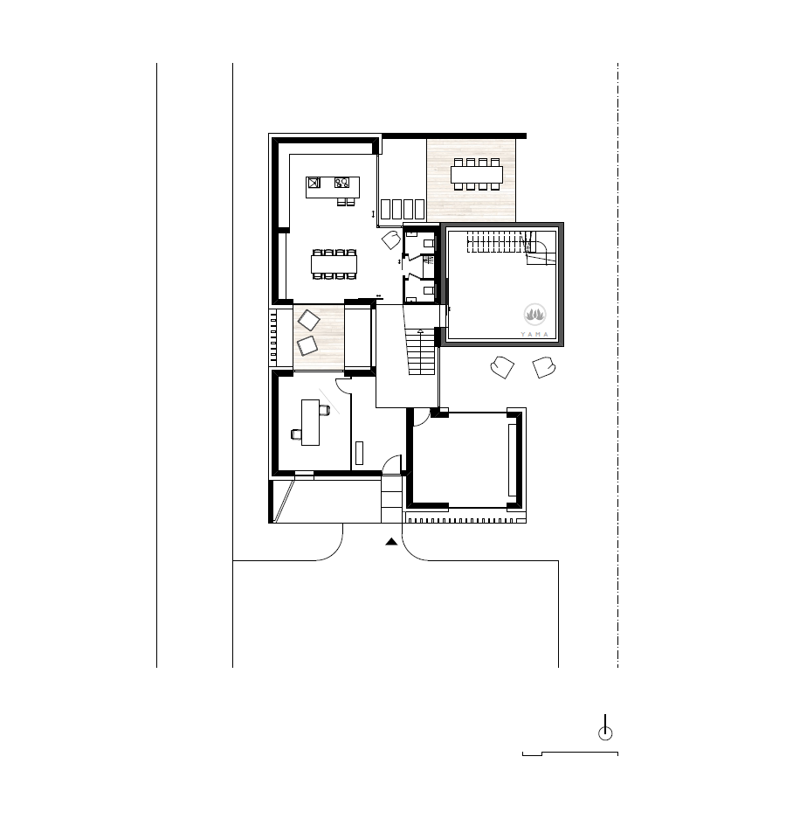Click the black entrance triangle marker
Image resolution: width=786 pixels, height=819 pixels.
[x=391, y=542]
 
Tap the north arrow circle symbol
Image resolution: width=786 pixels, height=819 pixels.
[x=605, y=733]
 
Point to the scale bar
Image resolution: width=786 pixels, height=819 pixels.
[x=570, y=753]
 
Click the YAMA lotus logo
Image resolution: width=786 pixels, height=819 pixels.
[x=535, y=315]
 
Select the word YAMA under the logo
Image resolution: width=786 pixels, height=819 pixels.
[x=535, y=334]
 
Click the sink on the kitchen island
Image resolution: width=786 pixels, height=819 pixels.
[x=314, y=183]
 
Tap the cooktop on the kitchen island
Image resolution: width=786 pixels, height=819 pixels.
[x=341, y=183]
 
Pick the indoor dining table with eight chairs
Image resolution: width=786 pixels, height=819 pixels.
[x=334, y=264]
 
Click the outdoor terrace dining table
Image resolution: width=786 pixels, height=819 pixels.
[x=477, y=174]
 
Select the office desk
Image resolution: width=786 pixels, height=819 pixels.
[x=311, y=422]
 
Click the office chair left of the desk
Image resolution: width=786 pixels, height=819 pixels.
[x=296, y=434]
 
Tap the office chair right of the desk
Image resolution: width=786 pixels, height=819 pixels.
[x=325, y=411]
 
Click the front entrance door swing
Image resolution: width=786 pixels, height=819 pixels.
[x=392, y=464]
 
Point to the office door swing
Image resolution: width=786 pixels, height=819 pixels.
[x=342, y=385]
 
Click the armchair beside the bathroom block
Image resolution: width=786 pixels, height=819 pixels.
[x=391, y=240]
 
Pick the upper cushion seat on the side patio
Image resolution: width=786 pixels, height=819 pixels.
[x=308, y=320]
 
